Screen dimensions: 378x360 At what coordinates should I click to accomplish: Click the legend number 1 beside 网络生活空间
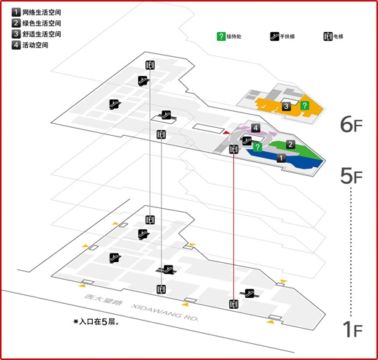tap(16, 12)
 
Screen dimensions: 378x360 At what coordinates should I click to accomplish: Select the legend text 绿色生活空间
tap(42, 23)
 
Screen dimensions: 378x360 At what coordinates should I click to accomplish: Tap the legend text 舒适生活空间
tap(42, 34)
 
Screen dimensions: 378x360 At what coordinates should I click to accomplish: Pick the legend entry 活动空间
tap(35, 45)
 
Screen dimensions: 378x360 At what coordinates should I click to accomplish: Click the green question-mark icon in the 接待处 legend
tap(221, 37)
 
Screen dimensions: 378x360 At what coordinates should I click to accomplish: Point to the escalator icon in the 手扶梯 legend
tap(274, 37)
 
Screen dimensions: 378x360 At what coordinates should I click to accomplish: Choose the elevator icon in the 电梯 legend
tap(328, 37)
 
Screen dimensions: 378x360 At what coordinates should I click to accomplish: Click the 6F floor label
tap(351, 124)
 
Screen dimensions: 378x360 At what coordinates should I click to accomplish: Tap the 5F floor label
tap(351, 176)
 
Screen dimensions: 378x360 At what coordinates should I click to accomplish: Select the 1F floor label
tap(352, 329)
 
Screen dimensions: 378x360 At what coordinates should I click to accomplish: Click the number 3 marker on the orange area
tap(287, 106)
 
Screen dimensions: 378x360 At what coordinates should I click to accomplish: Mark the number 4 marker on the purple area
tap(255, 128)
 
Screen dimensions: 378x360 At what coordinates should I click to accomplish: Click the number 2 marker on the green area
tap(290, 144)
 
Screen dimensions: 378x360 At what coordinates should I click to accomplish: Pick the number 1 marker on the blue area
tap(281, 158)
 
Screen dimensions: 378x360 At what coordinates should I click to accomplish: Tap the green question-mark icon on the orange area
tap(304, 105)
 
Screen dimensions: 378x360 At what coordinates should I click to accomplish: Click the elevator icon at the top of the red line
tap(234, 149)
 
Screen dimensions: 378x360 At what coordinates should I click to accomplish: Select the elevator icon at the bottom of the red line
tap(234, 304)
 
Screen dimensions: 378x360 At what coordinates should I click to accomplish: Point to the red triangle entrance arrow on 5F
tap(227, 133)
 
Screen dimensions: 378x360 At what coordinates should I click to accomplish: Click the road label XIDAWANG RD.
tap(165, 313)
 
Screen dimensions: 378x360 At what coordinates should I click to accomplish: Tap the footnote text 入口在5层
tap(99, 322)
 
